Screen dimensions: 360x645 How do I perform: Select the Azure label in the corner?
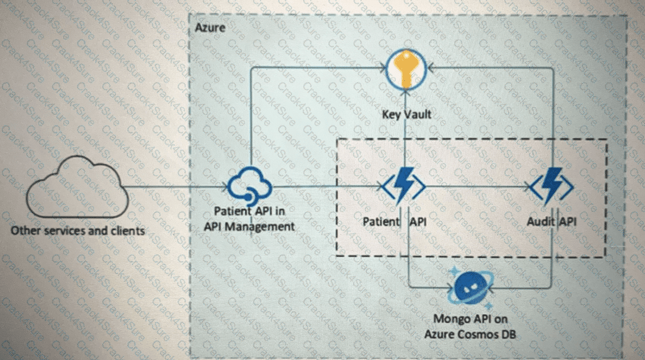pyautogui.click(x=210, y=27)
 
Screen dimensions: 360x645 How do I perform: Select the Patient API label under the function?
pyautogui.click(x=394, y=222)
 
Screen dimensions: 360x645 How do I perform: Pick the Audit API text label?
pyautogui.click(x=552, y=222)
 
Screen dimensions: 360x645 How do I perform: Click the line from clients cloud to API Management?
pyautogui.click(x=173, y=187)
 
